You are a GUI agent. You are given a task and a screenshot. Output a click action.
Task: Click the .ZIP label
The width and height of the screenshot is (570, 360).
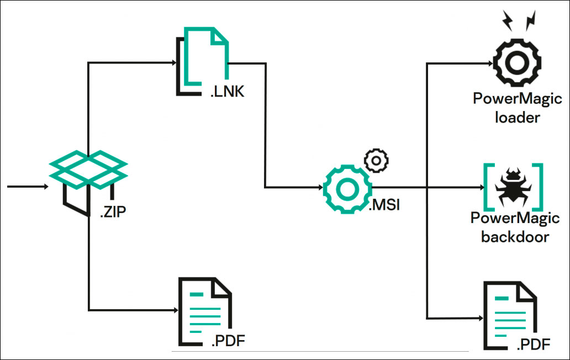pos(113,211)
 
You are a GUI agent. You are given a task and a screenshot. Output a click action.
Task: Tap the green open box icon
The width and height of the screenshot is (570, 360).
pos(88,168)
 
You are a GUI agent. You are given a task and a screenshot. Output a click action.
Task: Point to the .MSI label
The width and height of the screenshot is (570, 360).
pos(384,207)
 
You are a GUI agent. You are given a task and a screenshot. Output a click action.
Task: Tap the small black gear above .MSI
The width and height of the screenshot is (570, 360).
pos(377,160)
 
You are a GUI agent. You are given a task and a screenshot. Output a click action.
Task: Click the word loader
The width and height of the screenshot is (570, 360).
pos(518,118)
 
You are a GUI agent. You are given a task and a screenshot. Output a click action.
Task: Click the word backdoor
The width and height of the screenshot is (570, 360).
pos(515,237)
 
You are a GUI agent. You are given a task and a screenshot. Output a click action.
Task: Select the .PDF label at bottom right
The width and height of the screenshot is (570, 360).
pos(534,346)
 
